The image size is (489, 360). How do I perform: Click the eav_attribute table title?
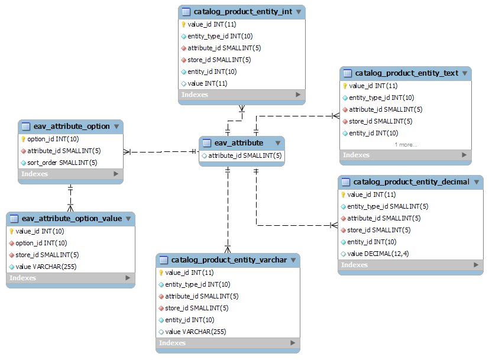pos(238,143)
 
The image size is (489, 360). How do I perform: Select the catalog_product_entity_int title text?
pos(243,12)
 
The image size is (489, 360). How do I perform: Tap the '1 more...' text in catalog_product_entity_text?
pos(406,145)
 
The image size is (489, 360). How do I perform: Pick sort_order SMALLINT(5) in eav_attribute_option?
pos(62,163)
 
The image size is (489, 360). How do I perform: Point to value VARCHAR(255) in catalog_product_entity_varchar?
pos(196,332)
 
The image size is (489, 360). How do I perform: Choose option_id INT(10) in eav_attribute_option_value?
pos(41,243)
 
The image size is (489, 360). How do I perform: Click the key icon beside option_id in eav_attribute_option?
pos(23,139)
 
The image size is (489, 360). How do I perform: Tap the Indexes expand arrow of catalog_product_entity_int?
pos(298,95)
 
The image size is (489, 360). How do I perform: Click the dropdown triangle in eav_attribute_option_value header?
pos(128,219)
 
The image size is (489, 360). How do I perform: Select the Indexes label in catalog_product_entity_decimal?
pos(354,265)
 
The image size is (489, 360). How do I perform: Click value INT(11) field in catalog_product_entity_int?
pos(208,83)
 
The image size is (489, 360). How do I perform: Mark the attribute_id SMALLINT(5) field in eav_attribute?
pos(245,155)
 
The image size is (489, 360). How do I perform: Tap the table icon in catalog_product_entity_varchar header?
pos(164,260)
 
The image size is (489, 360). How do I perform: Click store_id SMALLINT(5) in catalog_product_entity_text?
pos(380,121)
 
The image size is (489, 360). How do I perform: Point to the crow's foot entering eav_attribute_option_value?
pos(70,208)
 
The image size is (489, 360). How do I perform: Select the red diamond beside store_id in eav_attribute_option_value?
pos(12,255)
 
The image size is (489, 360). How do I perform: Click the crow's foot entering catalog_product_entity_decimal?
pos(334,225)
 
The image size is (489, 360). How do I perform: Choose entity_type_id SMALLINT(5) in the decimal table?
pos(388,206)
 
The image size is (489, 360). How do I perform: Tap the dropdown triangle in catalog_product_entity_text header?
pos(465,73)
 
